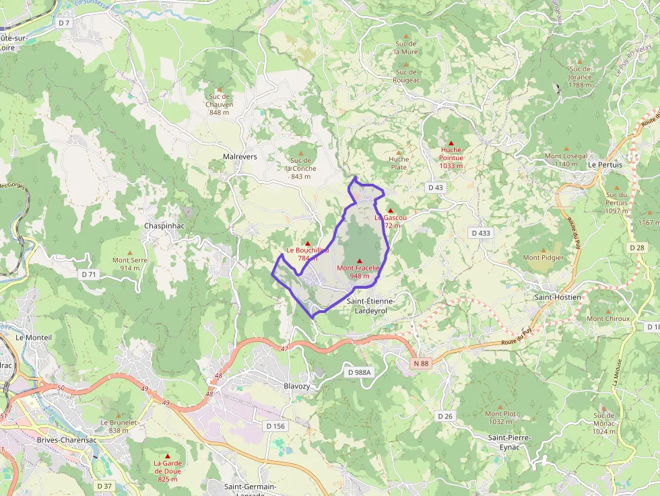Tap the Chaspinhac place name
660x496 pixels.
pyautogui.click(x=164, y=226)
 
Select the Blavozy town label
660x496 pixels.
pyautogui.click(x=297, y=386)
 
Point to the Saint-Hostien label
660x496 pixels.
pyautogui.click(x=558, y=297)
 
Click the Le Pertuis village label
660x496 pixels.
pyautogui.click(x=605, y=164)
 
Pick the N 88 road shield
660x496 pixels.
pyautogui.click(x=421, y=363)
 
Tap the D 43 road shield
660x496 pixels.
pyautogui.click(x=435, y=187)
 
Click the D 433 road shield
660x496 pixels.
pyautogui.click(x=481, y=233)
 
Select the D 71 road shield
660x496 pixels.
pyautogui.click(x=89, y=274)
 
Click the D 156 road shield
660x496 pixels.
pyautogui.click(x=275, y=426)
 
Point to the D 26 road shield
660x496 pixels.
pyautogui.click(x=444, y=416)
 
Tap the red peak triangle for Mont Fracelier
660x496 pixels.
pyautogui.click(x=359, y=261)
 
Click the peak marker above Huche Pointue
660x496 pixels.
pyautogui.click(x=451, y=143)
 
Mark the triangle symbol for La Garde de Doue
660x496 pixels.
pyautogui.click(x=168, y=456)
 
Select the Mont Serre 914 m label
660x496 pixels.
pyautogui.click(x=130, y=264)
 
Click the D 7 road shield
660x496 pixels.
pyautogui.click(x=64, y=23)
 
